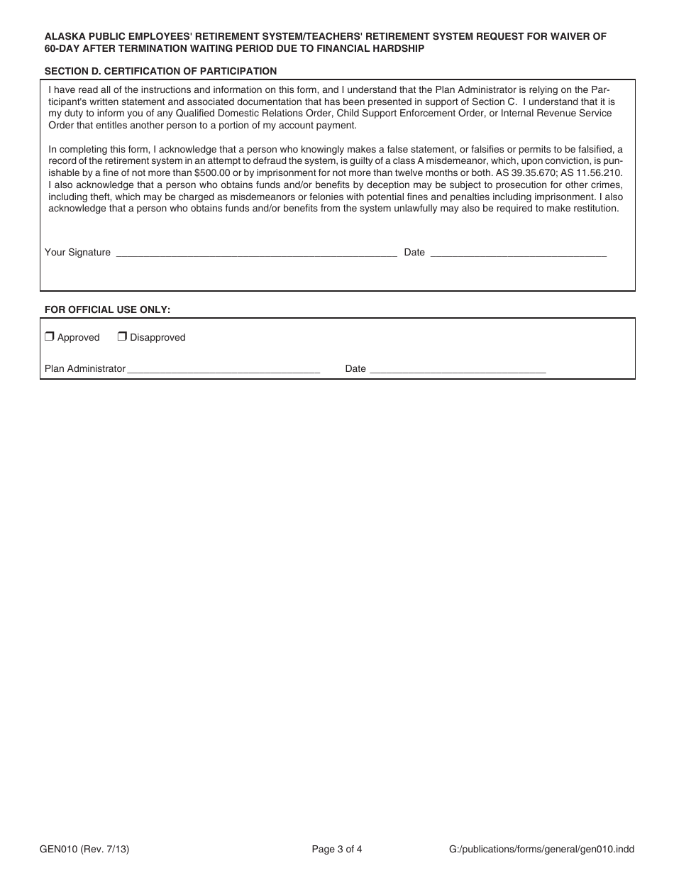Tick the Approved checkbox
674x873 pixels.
click(x=50, y=337)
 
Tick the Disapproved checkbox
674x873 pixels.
click(x=122, y=337)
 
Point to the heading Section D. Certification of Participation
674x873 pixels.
click(x=160, y=71)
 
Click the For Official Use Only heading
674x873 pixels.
click(x=107, y=309)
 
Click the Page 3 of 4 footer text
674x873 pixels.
click(x=337, y=848)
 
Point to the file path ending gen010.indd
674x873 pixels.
click(x=542, y=848)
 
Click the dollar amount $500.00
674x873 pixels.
click(x=212, y=172)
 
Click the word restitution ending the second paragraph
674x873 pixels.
click(x=594, y=209)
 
